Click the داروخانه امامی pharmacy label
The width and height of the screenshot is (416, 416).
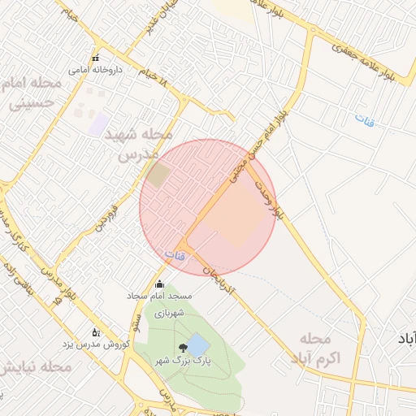point(94,70)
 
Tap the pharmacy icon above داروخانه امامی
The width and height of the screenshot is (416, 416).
point(95,58)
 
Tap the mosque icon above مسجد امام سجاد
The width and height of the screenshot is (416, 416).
point(158,284)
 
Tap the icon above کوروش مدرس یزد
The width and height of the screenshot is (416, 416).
point(95,332)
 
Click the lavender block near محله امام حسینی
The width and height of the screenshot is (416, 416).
point(99,123)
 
